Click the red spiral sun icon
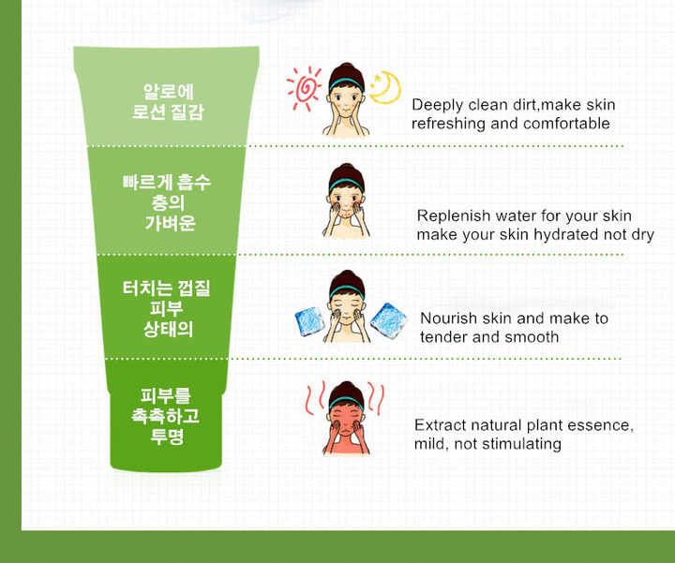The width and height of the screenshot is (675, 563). (304, 88)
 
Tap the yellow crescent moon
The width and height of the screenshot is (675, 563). (386, 88)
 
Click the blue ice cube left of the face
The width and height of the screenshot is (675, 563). (310, 321)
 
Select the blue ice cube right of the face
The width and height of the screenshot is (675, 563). (389, 320)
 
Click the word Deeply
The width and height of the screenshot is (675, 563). (438, 105)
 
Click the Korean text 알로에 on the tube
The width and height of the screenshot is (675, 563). (169, 92)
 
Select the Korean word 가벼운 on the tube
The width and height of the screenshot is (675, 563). (170, 223)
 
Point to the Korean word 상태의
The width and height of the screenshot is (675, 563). (168, 329)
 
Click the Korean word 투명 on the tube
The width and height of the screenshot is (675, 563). (167, 437)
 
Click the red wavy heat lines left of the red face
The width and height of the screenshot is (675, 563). (315, 399)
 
